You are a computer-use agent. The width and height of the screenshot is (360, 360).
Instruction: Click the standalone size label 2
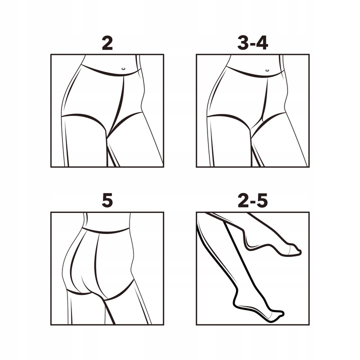pos(107,43)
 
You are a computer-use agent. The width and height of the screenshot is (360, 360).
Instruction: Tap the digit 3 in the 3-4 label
pos(243,43)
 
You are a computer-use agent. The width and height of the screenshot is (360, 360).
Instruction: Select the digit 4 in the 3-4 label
pos(261,43)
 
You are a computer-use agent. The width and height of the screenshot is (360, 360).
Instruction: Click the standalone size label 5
pos(107,200)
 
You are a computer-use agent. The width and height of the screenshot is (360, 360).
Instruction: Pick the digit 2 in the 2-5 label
pos(243,200)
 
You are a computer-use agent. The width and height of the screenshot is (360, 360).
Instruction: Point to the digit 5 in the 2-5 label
pos(262,200)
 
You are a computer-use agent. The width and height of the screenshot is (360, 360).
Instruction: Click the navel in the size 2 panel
pos(123,68)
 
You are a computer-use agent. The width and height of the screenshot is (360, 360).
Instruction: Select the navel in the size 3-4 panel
pos(267,70)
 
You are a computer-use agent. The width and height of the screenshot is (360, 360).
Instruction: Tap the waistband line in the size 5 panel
pos(105,230)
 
